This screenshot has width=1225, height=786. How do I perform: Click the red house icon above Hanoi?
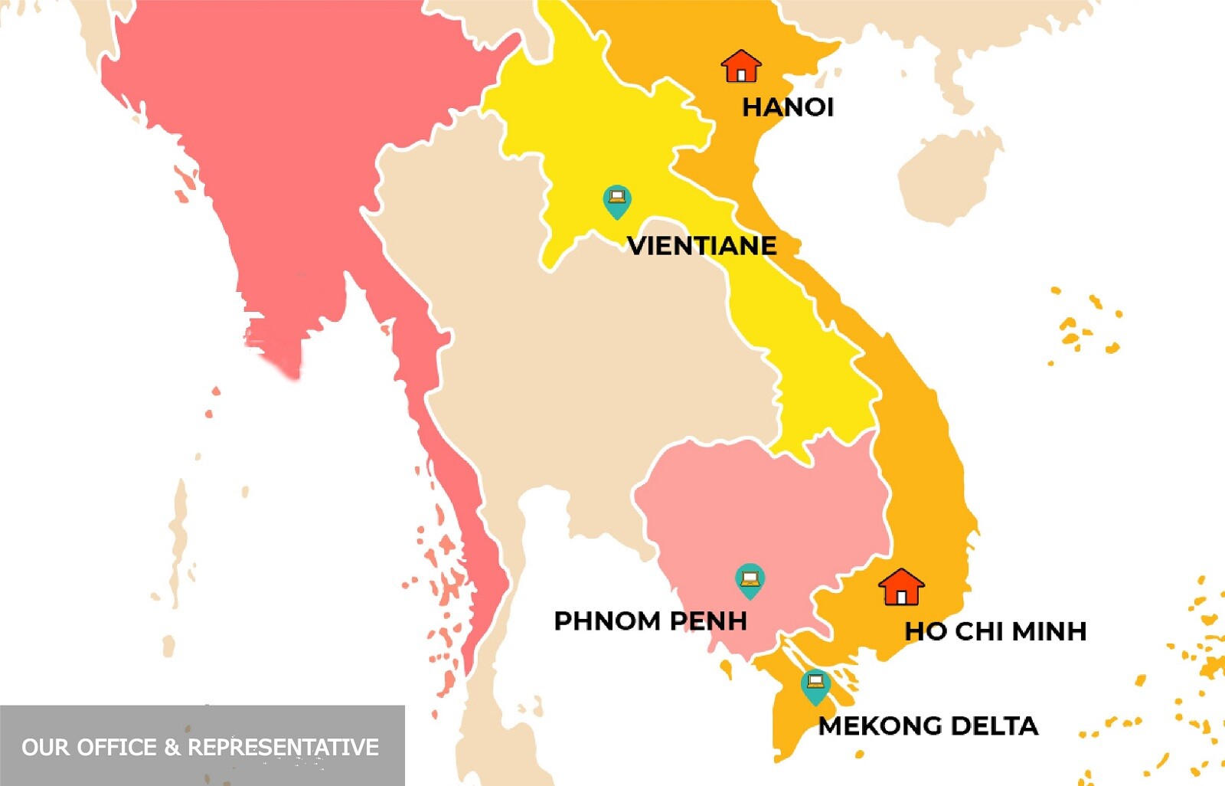pos(740,67)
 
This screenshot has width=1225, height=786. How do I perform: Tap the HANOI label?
pos(788,107)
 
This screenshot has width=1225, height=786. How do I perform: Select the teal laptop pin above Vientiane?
pos(616,201)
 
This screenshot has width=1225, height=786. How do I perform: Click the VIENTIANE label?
pos(701,246)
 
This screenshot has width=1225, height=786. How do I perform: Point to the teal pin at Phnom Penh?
pos(750,581)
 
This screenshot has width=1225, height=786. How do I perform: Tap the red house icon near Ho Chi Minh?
pos(901,588)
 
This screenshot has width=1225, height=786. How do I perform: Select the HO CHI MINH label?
pos(995,631)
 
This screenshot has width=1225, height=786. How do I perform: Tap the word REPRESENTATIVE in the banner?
pos(283,747)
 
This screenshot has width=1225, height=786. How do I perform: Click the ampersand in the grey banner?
pos(172,747)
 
